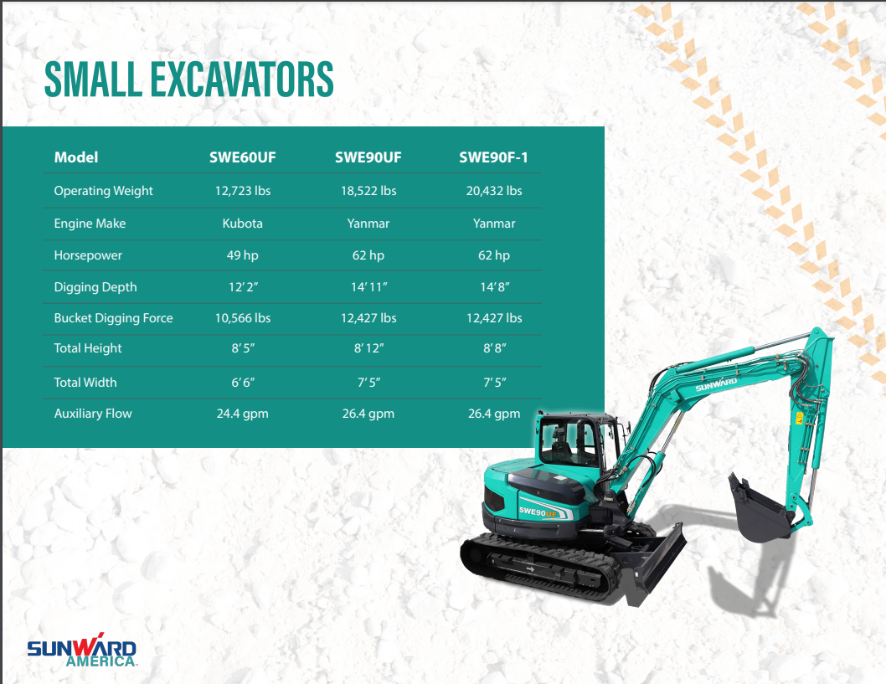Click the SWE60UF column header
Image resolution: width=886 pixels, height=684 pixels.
(x=242, y=157)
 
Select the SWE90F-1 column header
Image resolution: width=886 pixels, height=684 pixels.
(x=493, y=157)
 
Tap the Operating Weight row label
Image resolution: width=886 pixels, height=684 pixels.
(x=103, y=191)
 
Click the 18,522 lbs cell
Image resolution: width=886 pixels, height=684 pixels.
(x=368, y=191)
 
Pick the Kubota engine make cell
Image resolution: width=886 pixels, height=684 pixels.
(x=242, y=223)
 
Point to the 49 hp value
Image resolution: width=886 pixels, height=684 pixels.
(x=242, y=255)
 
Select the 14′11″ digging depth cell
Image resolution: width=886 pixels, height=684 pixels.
(x=369, y=287)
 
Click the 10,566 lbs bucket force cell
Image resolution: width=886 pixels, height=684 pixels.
(x=242, y=318)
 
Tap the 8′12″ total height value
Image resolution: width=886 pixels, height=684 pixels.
(x=369, y=348)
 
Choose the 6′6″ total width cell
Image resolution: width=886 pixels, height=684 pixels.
(x=243, y=383)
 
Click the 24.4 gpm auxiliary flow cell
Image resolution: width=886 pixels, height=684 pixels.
(x=242, y=414)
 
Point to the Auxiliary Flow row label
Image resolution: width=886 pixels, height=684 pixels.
(x=93, y=414)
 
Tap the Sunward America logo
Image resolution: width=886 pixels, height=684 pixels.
(x=82, y=651)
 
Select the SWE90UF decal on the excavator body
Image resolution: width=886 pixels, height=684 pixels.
(x=538, y=512)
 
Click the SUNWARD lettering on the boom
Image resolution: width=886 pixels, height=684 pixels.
(x=716, y=384)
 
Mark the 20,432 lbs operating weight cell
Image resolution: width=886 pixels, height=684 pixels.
(x=494, y=191)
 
